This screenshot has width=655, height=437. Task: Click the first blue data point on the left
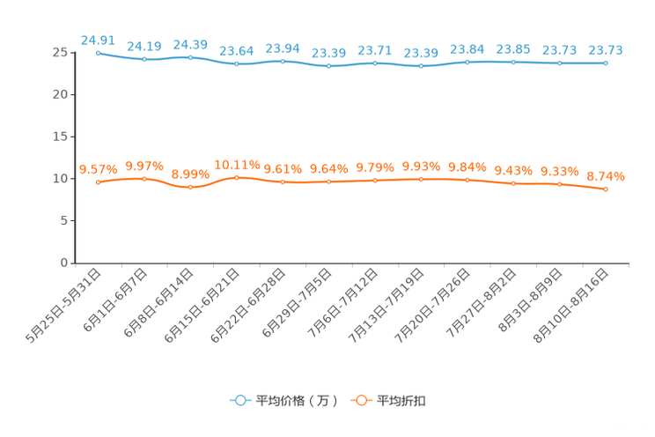[98, 53]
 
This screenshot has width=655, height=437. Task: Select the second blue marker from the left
[144, 59]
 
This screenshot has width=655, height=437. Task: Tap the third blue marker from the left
[190, 57]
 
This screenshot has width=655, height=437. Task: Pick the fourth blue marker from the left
[237, 63]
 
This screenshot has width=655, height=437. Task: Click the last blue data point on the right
[606, 63]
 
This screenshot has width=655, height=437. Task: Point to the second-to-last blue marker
[559, 63]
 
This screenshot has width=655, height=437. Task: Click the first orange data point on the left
[98, 181]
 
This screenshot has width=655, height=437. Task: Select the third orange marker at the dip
[190, 187]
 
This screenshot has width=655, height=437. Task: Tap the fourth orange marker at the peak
[237, 178]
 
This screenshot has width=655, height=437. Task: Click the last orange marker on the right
[606, 189]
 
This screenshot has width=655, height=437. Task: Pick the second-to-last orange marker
[559, 184]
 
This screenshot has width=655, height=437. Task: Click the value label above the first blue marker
[98, 40]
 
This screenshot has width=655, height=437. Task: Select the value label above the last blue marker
[606, 50]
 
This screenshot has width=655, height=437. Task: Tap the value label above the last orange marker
[606, 176]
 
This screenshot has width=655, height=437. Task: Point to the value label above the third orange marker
[190, 174]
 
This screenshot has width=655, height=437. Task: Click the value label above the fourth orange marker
[237, 165]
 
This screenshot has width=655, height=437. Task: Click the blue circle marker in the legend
[239, 400]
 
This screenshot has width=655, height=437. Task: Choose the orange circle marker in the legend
[360, 400]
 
